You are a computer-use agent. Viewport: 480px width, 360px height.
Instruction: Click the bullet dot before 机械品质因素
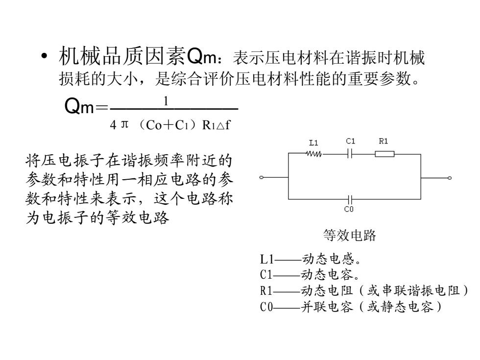pos(45,56)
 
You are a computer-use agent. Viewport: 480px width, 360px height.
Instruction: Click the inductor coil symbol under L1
pos(314,154)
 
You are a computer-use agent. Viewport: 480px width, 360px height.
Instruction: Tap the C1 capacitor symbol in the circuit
pos(351,154)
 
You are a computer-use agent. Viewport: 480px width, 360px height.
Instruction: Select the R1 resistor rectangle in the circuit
pos(384,154)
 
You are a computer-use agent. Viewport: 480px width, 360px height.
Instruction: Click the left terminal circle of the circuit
pos(261,177)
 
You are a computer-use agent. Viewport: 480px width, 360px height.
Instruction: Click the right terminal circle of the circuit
pos(450,178)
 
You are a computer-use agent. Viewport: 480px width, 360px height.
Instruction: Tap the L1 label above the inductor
pos(313,143)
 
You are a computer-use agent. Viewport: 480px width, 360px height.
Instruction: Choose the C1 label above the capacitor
pos(351,141)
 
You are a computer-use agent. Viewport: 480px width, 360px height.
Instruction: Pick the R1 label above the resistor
pos(383,141)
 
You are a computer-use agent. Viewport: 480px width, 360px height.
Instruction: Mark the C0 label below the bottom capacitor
pos(349,209)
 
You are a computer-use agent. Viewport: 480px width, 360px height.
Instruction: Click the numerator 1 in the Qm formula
pos(166,101)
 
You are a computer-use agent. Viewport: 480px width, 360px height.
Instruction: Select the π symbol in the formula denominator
pos(124,124)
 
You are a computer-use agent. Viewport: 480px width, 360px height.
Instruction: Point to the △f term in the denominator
pos(223,124)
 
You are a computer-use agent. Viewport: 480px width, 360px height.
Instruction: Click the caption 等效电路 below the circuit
pos(350,236)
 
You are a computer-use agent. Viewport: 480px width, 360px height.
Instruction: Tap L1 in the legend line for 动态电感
pos(266,259)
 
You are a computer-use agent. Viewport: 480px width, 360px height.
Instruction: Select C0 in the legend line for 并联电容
pos(266,307)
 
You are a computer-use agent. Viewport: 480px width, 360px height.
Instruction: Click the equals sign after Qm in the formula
pos(102,107)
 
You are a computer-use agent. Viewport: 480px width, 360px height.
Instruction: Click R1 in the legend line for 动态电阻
pos(266,290)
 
